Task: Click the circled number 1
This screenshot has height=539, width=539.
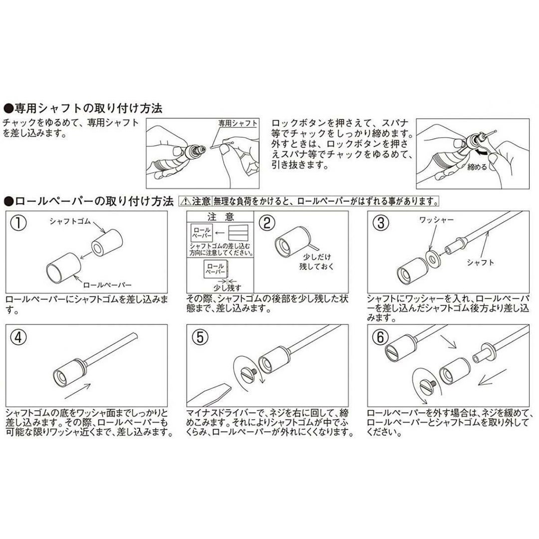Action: tap(18, 223)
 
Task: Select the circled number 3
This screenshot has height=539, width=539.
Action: tap(380, 223)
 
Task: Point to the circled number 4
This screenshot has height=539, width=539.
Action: tap(18, 337)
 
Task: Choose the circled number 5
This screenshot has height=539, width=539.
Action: tap(200, 337)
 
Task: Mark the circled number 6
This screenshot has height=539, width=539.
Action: tap(380, 337)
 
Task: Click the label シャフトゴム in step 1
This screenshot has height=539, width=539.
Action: tap(70, 221)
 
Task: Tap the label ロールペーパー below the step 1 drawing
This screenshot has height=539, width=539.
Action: tap(107, 284)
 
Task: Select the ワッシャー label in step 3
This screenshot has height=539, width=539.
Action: tap(436, 220)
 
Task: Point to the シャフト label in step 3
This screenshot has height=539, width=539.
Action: tap(480, 263)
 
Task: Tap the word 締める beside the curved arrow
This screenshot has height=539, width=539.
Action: tap(477, 167)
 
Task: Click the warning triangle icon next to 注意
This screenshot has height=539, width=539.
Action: tap(185, 201)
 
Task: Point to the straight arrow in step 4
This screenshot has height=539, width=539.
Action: tap(78, 391)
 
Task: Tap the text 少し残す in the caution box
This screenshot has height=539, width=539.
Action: tap(228, 287)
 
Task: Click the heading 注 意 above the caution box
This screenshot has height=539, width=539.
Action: tap(221, 217)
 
